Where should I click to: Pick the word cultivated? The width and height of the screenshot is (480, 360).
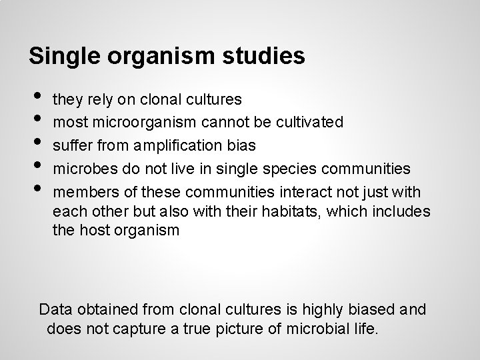click(312, 122)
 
